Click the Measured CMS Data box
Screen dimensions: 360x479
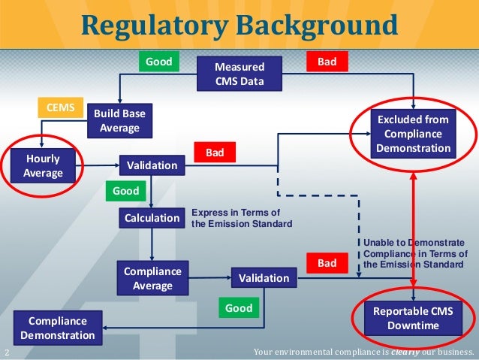[x=239, y=74]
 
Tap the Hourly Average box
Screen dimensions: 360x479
[x=43, y=166]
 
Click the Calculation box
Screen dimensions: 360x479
[x=152, y=219]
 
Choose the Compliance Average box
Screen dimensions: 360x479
[x=152, y=277]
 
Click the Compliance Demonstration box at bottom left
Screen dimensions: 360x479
[x=58, y=328]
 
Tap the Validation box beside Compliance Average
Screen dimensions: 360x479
[x=264, y=278]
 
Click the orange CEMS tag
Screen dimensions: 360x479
[x=60, y=108]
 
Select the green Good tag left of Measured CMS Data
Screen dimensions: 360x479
[x=158, y=62]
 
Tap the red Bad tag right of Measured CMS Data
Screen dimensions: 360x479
[x=327, y=62]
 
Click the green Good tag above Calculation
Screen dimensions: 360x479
[x=125, y=191]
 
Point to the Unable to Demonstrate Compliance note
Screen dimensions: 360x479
[x=414, y=254]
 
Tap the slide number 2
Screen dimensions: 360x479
[x=7, y=353]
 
